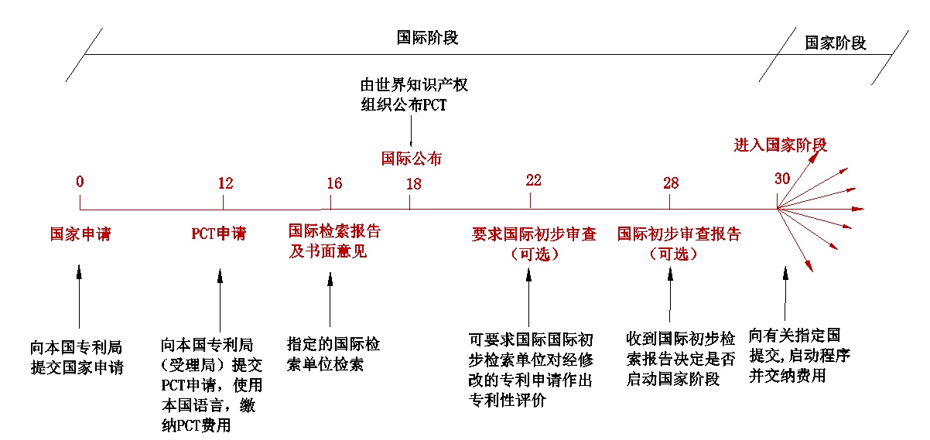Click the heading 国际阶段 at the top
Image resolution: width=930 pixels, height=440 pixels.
click(x=428, y=38)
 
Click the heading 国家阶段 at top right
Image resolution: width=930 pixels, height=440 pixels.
click(x=835, y=43)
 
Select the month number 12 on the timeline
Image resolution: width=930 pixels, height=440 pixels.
click(x=225, y=183)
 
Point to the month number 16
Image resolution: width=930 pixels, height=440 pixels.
click(x=333, y=183)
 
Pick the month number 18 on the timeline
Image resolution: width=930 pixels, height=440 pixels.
click(x=413, y=183)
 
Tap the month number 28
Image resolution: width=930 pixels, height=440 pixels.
click(x=671, y=183)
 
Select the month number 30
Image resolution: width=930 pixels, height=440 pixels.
click(x=782, y=178)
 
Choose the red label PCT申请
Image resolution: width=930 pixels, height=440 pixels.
click(x=218, y=233)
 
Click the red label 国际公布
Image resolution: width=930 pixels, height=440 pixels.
click(x=412, y=159)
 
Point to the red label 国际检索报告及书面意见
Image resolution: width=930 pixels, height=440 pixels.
click(x=334, y=240)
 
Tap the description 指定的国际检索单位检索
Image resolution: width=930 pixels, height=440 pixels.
click(x=333, y=354)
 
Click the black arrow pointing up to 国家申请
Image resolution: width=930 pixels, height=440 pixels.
click(x=79, y=298)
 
